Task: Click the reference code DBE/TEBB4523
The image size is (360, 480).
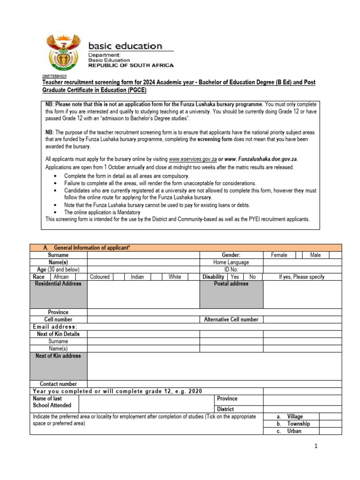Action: (x=54, y=76)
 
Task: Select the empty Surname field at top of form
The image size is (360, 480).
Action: (x=143, y=255)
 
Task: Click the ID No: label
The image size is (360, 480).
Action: (x=231, y=270)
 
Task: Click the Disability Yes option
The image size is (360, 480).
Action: (x=234, y=277)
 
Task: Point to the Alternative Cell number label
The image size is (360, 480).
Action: (x=231, y=320)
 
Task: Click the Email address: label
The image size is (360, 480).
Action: (x=55, y=327)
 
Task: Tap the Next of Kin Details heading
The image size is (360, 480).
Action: (x=58, y=334)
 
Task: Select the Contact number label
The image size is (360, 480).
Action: (x=58, y=384)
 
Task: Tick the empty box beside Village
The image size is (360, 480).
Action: (x=330, y=417)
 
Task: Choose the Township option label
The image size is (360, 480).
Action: (x=298, y=424)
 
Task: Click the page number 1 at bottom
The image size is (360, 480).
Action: (x=316, y=447)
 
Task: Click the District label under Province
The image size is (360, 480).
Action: (x=225, y=409)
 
